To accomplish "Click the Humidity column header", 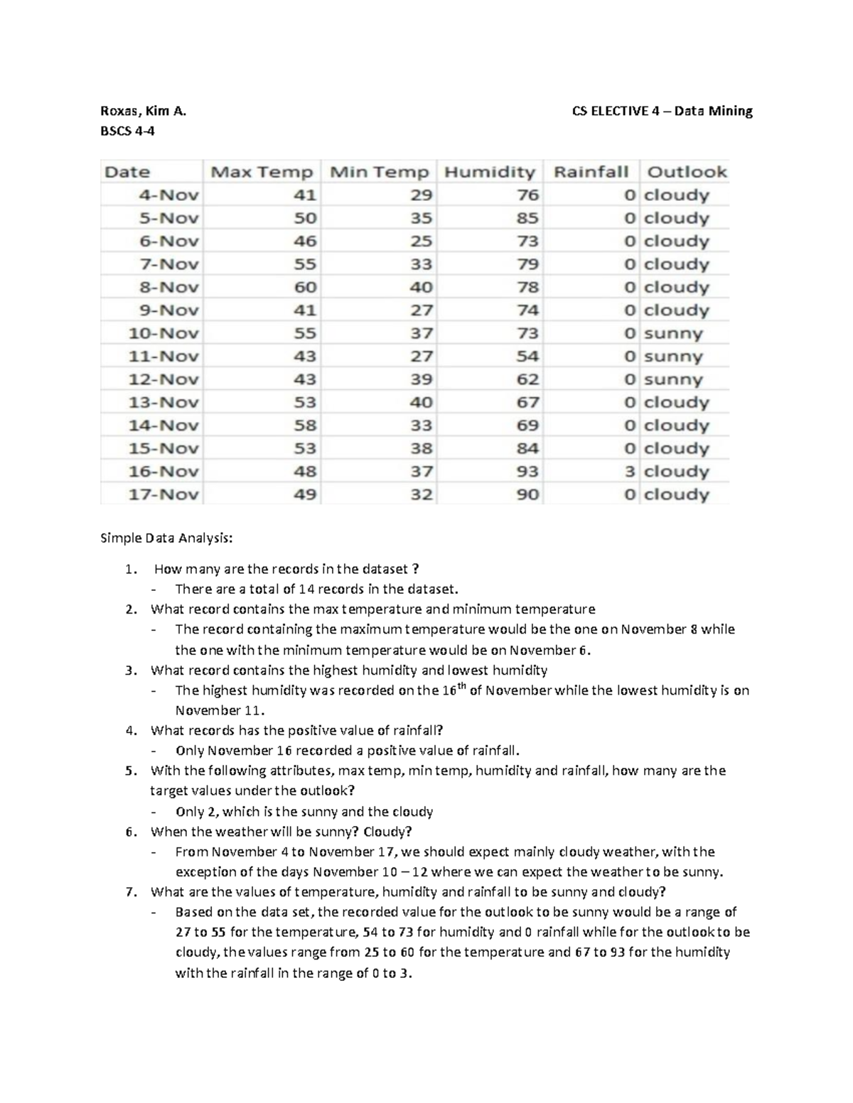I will tap(489, 172).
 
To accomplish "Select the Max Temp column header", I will tap(262, 172).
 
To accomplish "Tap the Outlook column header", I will tap(687, 172).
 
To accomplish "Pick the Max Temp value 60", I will tap(305, 287).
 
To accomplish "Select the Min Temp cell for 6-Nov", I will tap(421, 241).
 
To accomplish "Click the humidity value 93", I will tap(527, 471).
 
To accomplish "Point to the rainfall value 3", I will tap(630, 471).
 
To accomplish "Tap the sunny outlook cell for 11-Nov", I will tap(672, 356).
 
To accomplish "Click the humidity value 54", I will tap(527, 356).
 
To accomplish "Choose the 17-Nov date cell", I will tap(163, 494).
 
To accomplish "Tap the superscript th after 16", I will tap(461, 685).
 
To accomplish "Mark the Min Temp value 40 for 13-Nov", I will tap(421, 402).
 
